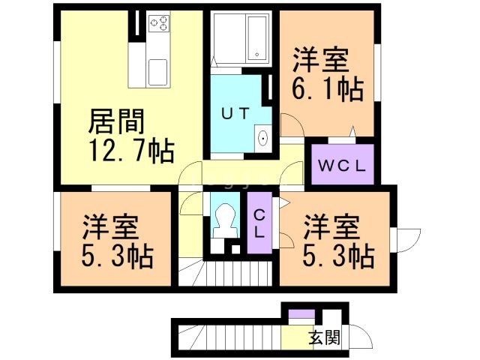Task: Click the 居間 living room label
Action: (116, 121)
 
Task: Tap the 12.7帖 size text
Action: (132, 151)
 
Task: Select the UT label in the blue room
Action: (235, 114)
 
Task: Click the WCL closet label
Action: (342, 166)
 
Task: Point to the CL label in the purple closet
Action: (259, 225)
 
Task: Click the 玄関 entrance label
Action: (325, 337)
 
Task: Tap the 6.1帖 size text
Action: (328, 89)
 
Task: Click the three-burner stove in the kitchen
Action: (159, 23)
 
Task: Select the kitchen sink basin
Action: (157, 72)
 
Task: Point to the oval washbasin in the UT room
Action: (263, 138)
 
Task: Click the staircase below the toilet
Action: (226, 272)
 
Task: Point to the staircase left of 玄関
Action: (229, 337)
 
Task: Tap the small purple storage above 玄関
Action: (301, 313)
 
